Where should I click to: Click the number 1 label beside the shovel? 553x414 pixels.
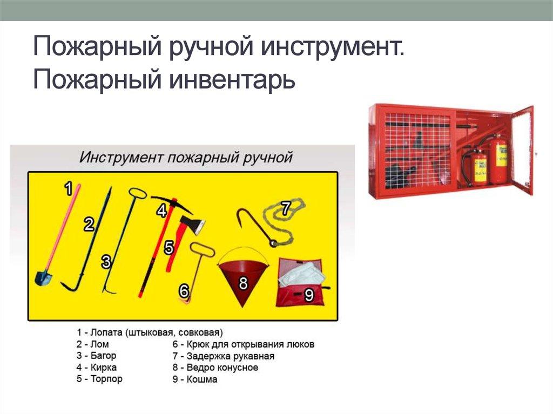[69, 188]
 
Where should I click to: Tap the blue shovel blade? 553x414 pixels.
[43, 277]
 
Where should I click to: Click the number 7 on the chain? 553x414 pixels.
[286, 207]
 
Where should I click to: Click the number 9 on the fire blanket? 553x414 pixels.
[309, 295]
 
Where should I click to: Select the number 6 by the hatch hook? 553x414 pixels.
[184, 291]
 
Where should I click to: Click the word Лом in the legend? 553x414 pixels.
[100, 344]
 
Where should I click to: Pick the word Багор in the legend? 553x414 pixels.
[104, 356]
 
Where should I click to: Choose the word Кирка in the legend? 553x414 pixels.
[104, 367]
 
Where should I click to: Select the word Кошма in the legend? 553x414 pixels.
[202, 379]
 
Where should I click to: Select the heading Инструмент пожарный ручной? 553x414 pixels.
[186, 158]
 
